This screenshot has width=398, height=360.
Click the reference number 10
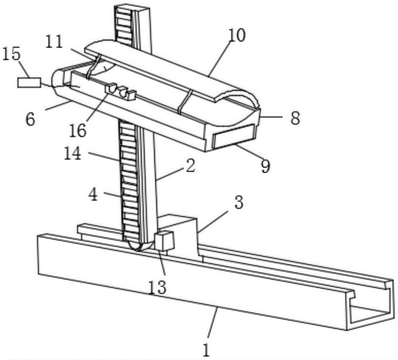pos(237,35)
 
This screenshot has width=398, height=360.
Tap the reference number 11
pos(54,43)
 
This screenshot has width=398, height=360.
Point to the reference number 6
pos(31,120)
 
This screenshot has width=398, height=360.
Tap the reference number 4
pos(94,195)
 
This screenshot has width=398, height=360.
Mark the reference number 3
pos(238,202)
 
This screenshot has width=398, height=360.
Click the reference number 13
pos(157,287)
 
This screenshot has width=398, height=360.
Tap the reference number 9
pos(265,166)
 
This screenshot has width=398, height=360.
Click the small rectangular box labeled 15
pos(29,82)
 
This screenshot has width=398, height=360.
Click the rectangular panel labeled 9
pos(234,136)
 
